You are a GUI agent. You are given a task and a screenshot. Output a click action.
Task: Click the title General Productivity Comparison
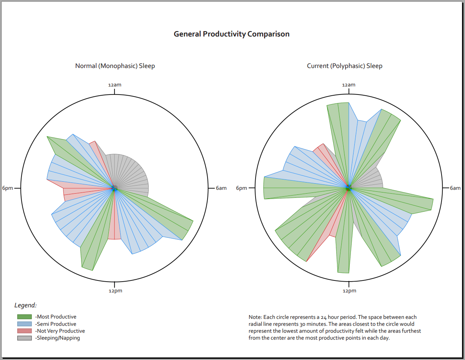[x=231, y=34]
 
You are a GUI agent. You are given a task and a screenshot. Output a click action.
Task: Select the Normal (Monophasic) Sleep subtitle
[x=115, y=66]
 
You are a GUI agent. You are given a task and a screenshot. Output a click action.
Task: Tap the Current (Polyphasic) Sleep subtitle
[x=344, y=66]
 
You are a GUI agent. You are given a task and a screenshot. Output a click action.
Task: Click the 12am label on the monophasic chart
[x=115, y=85]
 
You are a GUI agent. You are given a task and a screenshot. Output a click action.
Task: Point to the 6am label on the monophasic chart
[x=221, y=188]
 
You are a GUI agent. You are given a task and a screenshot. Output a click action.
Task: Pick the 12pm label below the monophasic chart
[x=115, y=291]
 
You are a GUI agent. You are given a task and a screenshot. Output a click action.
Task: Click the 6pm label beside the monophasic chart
[x=8, y=188]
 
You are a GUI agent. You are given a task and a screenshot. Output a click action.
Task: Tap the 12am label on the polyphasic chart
[x=349, y=85]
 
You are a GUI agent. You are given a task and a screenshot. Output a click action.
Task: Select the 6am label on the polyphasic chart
[x=455, y=188]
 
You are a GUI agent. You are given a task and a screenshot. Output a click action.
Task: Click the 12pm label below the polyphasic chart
[x=349, y=291]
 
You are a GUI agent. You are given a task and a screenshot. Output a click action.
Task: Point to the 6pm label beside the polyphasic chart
[x=241, y=188]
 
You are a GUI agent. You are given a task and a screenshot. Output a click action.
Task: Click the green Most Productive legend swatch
[x=25, y=317]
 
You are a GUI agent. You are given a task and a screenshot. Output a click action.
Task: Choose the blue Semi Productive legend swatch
[x=25, y=324]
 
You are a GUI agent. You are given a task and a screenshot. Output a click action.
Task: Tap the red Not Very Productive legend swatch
[x=25, y=331]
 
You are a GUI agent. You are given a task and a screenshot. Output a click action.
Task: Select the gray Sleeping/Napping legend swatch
[x=25, y=338]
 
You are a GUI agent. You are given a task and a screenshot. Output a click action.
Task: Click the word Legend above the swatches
[x=25, y=305]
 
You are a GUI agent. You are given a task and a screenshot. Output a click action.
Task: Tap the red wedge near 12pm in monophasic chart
[x=114, y=227]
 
